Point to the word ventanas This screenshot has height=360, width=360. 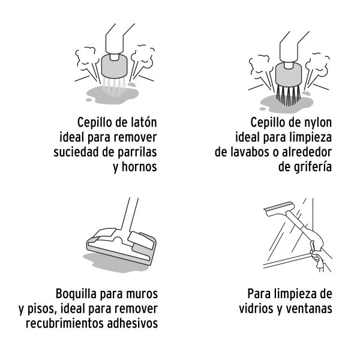(308, 310)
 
